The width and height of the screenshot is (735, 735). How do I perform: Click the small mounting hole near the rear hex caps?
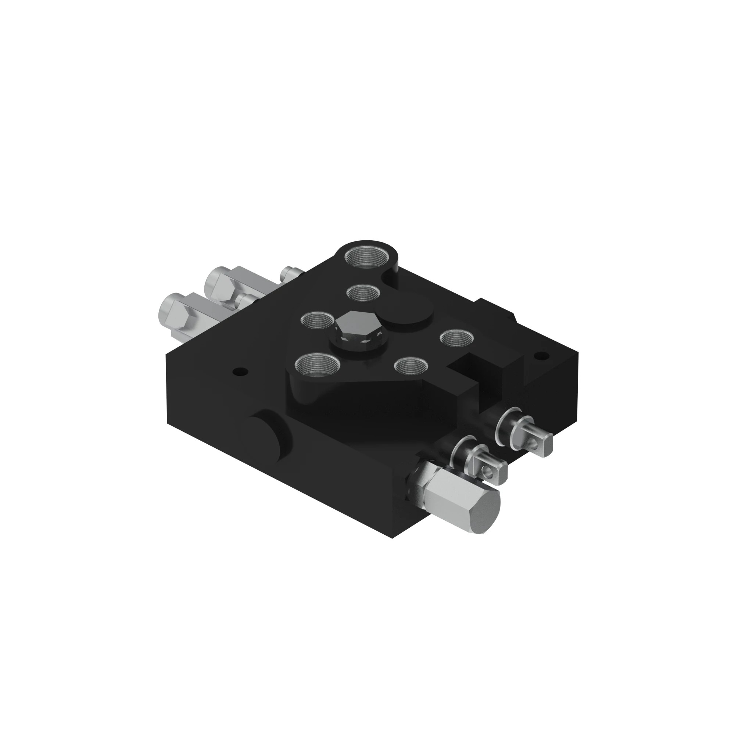pos(240,370)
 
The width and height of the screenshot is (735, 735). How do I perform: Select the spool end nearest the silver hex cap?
pos(490,469)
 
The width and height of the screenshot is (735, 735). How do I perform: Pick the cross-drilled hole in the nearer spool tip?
pos(487,473)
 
